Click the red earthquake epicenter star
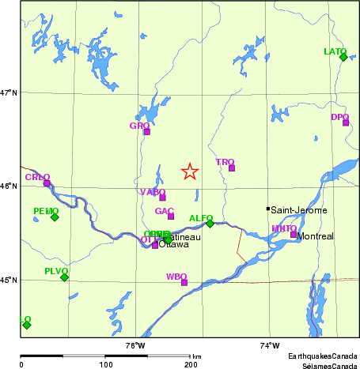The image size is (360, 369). [x=190, y=171]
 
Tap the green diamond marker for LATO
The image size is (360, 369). [x=343, y=57]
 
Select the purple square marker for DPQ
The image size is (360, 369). [x=346, y=122]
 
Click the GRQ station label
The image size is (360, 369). [x=139, y=126]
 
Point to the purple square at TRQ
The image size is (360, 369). [x=232, y=168]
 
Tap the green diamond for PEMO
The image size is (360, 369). [x=55, y=217]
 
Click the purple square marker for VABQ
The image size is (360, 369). [x=162, y=197]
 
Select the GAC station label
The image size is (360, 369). [x=165, y=211]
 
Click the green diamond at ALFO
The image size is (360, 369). [x=210, y=224]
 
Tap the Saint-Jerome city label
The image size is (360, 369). [x=299, y=210]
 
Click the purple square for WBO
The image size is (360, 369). [x=184, y=282]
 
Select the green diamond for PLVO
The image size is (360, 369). [x=64, y=277]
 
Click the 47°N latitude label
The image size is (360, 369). [x=9, y=92]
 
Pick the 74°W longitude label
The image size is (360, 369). [x=269, y=345]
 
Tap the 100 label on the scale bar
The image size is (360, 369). [x=105, y=364]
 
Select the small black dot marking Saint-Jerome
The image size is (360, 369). [x=267, y=209]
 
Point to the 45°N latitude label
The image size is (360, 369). [x=9, y=280]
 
